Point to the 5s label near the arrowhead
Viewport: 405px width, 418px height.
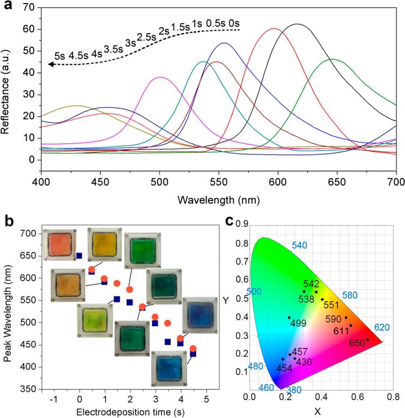click(60, 56)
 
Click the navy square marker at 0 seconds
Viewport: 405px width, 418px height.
click(79, 256)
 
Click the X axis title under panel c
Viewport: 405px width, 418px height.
click(318, 412)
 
